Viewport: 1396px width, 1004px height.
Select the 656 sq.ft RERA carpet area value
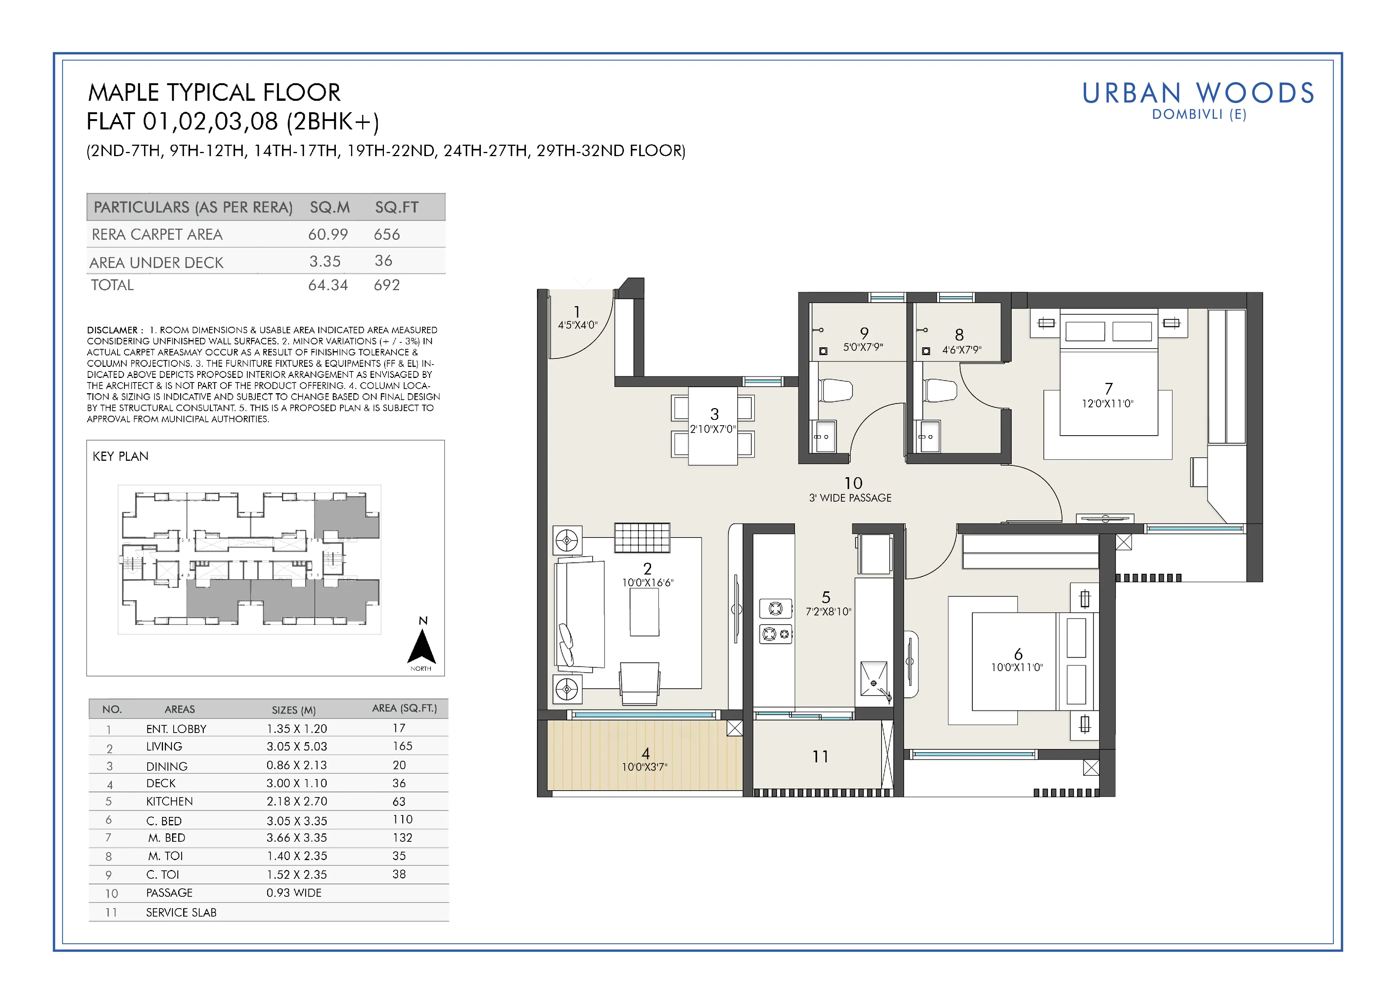[387, 234]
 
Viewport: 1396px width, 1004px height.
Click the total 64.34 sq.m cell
[328, 285]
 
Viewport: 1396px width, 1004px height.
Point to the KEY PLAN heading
[121, 456]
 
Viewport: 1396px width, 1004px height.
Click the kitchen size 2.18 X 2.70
[297, 801]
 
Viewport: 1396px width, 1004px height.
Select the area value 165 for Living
[403, 746]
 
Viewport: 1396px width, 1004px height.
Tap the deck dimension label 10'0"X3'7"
[645, 767]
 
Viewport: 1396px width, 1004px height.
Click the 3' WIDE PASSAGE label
[850, 498]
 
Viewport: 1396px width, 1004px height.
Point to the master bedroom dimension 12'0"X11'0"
[1107, 404]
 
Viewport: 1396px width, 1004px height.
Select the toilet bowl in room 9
[836, 390]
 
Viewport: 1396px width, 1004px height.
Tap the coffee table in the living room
[645, 612]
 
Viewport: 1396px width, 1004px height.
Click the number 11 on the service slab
[821, 757]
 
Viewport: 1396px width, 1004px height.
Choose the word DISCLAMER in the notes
[112, 330]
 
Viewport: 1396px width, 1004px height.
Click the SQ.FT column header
[397, 207]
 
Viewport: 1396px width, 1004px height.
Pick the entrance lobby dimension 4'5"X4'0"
[577, 325]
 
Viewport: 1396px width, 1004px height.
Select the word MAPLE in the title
[124, 93]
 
